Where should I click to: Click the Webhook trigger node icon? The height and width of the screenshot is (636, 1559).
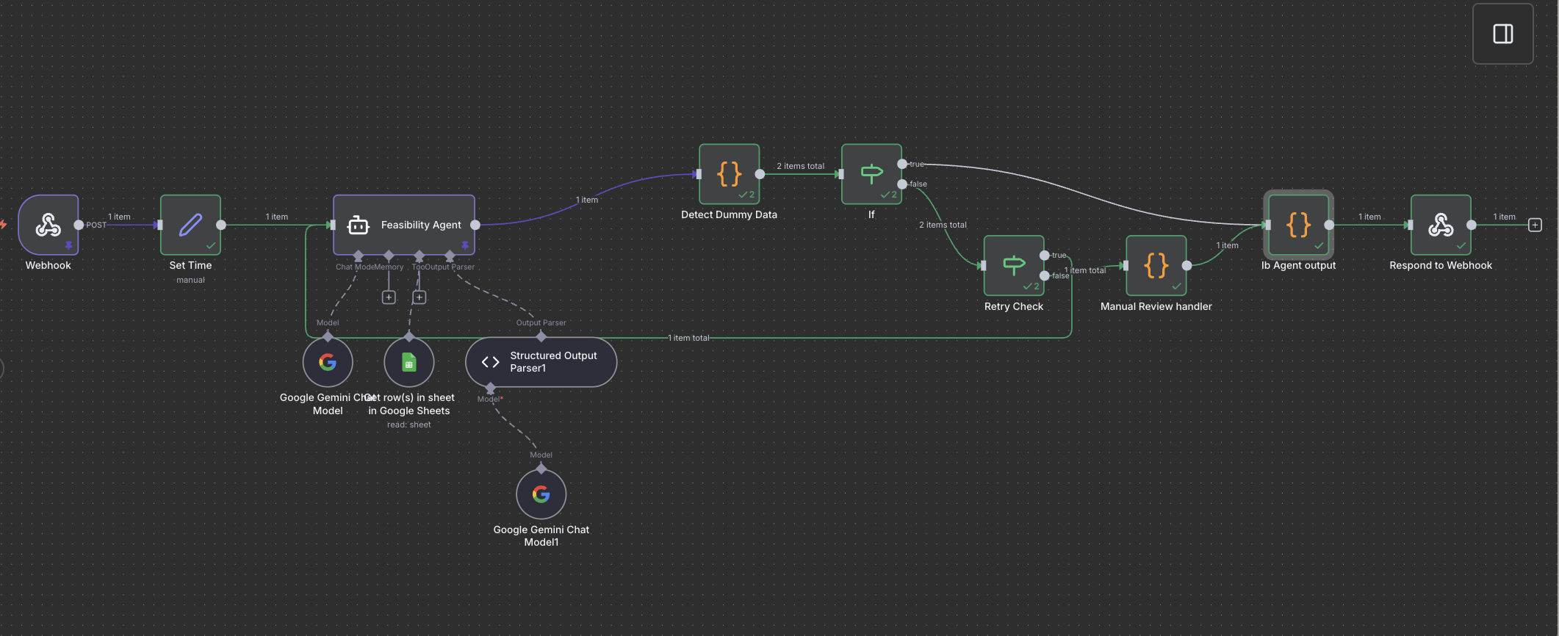click(48, 225)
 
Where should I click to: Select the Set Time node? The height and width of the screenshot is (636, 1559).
click(190, 225)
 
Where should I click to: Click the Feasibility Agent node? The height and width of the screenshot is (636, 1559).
click(404, 225)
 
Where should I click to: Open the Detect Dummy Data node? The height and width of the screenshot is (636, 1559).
click(729, 174)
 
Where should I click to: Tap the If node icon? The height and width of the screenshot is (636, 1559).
click(871, 174)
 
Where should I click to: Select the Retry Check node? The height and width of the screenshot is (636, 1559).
click(1014, 265)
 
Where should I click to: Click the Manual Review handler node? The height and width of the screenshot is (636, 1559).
click(1156, 265)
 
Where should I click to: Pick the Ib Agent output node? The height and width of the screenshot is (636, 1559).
click(1298, 225)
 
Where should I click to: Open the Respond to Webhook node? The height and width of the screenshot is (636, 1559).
click(1441, 225)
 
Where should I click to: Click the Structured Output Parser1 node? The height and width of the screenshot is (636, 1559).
click(541, 362)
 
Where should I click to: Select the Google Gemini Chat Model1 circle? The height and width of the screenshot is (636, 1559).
click(541, 494)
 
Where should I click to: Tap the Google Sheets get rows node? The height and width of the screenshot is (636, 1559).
click(409, 362)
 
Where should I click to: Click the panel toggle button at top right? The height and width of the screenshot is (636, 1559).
click(1502, 34)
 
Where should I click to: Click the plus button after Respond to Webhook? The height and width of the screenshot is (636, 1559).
click(1535, 225)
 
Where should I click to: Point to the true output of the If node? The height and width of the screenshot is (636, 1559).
click(902, 164)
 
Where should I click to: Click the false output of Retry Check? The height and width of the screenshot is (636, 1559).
click(1045, 275)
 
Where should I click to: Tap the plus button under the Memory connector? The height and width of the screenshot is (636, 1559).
click(389, 297)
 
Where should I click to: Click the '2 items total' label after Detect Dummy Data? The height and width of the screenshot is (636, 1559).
click(800, 166)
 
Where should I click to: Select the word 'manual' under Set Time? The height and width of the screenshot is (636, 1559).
click(190, 280)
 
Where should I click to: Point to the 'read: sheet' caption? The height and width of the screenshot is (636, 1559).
click(409, 424)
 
